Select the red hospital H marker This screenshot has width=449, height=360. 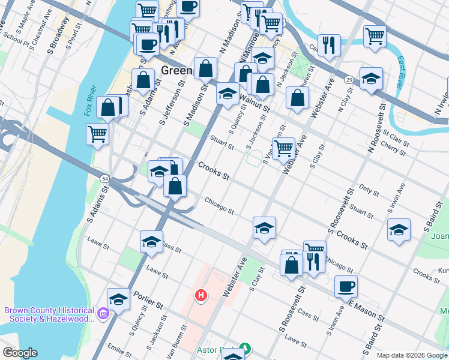[x=201, y=295]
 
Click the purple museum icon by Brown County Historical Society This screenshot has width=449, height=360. [x=103, y=314]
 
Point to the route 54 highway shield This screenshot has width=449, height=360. [x=104, y=179]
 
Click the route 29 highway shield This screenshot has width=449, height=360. [x=348, y=79]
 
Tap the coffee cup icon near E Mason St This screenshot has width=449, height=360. [x=346, y=286]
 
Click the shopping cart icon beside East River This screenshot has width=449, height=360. [x=375, y=35]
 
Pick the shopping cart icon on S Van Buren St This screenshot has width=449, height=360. [x=283, y=147]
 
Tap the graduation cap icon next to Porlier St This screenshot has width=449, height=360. [x=119, y=299]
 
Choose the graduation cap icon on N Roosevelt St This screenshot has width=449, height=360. [x=371, y=79]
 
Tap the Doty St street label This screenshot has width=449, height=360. [x=369, y=191]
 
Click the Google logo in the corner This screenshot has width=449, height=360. [x=20, y=353]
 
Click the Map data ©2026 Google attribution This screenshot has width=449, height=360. [x=411, y=355]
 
